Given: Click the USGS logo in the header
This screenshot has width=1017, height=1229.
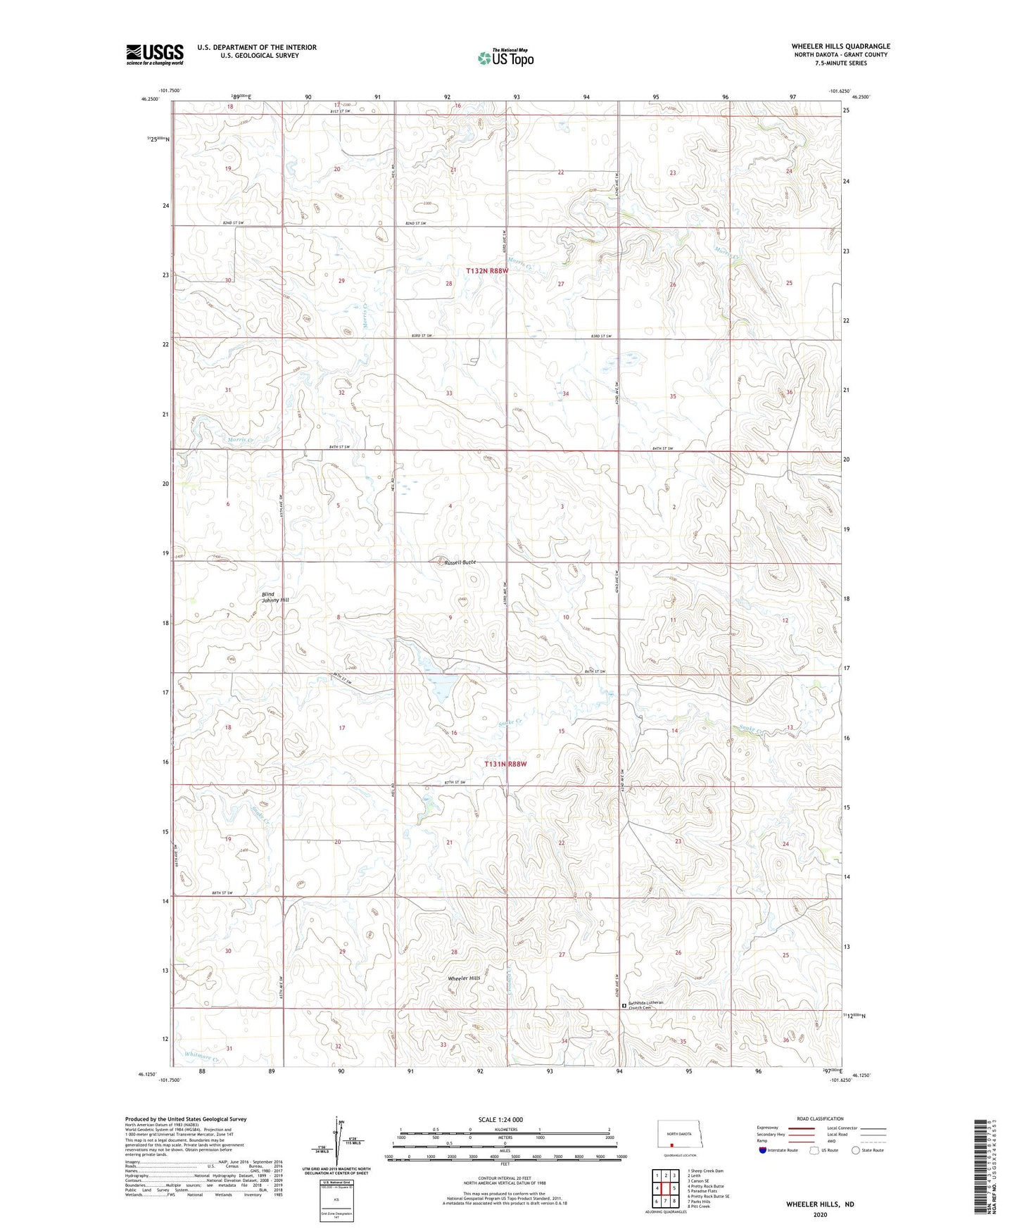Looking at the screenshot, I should pyautogui.click(x=155, y=53).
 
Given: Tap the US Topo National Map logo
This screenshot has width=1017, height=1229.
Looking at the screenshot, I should pyautogui.click(x=505, y=58).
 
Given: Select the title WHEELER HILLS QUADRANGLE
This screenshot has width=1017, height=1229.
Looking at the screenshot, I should pyautogui.click(x=840, y=46).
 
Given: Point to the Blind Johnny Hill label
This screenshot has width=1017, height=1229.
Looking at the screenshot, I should pyautogui.click(x=275, y=597).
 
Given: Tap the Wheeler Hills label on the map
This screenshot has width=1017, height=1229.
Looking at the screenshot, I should pyautogui.click(x=465, y=978).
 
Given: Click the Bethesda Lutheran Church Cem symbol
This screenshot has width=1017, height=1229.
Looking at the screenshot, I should pyautogui.click(x=624, y=1007).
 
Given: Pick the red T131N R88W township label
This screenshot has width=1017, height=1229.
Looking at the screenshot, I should pyautogui.click(x=505, y=764).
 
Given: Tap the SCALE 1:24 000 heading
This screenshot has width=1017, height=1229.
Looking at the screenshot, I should pyautogui.click(x=500, y=1119).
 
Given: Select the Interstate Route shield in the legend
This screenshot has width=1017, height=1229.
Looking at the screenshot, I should pyautogui.click(x=763, y=1150).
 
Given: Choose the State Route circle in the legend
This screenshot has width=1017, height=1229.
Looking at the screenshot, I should pyautogui.click(x=856, y=1150).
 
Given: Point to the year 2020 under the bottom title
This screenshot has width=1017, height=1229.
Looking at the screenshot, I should pyautogui.click(x=820, y=1214).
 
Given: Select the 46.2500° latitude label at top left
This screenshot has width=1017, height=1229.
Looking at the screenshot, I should pyautogui.click(x=149, y=99).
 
